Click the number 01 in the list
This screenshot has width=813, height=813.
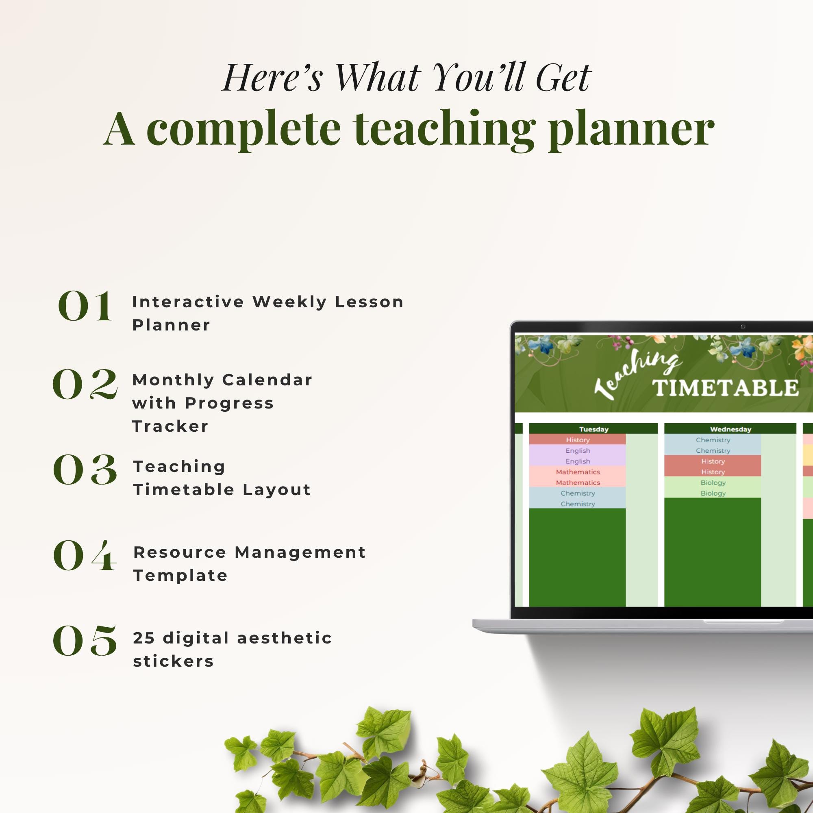85,306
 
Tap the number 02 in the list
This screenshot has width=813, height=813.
85,384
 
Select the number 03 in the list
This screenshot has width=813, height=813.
85,470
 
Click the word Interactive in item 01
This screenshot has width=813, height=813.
188,302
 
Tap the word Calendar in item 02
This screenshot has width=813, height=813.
267,380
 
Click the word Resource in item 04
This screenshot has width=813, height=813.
180,552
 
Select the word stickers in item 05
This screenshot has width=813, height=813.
174,661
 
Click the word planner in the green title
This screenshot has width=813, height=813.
631,128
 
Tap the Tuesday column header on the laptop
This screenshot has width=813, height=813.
593,429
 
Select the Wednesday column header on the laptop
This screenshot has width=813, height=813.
730,429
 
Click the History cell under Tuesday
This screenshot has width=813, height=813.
577,440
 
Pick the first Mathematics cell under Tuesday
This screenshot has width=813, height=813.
577,472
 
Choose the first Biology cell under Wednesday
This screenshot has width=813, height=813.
713,483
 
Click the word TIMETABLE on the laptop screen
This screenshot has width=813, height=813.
726,388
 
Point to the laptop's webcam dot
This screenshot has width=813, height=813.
743,327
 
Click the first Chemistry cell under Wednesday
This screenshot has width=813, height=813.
713,440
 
